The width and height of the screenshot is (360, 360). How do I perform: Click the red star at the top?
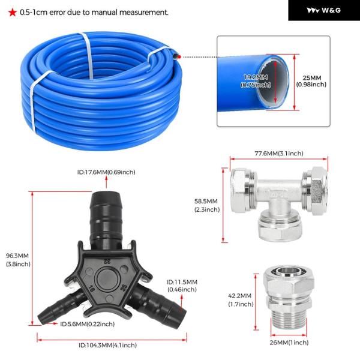point(13,13)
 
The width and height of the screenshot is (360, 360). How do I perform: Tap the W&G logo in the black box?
point(324,10)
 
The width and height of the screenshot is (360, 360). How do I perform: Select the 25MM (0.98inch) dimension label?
point(311,81)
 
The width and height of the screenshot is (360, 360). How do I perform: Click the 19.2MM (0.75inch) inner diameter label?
point(256,81)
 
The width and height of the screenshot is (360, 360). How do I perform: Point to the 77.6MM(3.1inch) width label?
point(279,153)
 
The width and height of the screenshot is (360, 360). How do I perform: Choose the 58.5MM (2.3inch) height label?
point(207,205)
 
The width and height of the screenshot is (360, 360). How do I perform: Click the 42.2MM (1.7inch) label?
point(241,300)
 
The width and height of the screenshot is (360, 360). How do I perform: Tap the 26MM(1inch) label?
point(289,343)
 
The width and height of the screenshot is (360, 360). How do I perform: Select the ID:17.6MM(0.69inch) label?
point(106,172)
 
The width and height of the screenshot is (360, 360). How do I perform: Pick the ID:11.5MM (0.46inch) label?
point(182,286)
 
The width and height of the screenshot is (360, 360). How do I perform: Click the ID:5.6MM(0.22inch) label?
point(87,324)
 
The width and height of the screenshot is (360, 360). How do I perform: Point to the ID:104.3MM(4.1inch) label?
point(107,345)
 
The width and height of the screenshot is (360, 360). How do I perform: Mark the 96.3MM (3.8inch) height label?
point(18,260)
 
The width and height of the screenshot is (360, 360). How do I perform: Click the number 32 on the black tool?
point(107,261)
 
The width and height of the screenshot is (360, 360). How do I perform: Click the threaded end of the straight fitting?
point(289,319)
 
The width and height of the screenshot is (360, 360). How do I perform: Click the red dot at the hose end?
point(179,57)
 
